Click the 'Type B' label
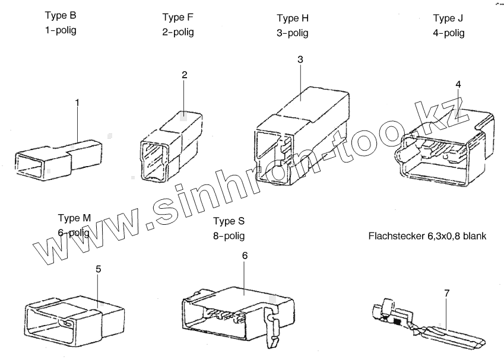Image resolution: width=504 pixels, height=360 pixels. pos(60,15)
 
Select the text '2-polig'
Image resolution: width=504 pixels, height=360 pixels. pos(178,32)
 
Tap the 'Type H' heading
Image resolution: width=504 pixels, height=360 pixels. pos(293,18)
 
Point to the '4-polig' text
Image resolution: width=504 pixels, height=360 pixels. pos(448,33)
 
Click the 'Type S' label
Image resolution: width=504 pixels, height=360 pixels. pos(229,221)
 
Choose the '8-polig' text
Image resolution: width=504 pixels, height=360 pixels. pos(229,236)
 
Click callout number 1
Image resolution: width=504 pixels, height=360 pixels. pos(77,102)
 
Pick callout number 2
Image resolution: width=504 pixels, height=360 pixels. pos(185,75)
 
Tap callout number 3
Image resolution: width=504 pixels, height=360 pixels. pos(300,59)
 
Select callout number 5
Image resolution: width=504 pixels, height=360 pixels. pos(99,269)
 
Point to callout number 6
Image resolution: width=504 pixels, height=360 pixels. pos(245,255)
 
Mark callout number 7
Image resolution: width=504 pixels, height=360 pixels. pos(446,293)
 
